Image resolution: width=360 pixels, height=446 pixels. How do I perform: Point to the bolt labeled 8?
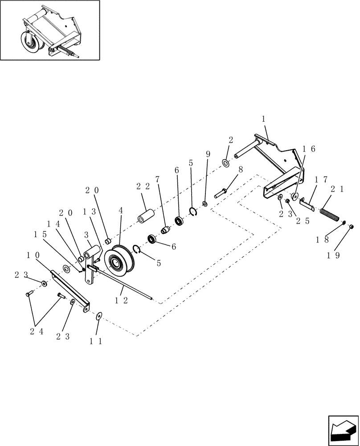click(x=221, y=193)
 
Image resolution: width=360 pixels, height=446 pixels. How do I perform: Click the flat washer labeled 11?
click(x=98, y=316)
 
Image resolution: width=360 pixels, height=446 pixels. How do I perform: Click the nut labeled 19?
click(x=352, y=227)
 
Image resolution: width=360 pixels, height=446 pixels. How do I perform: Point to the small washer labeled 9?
click(x=205, y=204)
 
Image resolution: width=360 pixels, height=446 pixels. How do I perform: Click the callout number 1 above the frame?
click(x=263, y=119)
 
